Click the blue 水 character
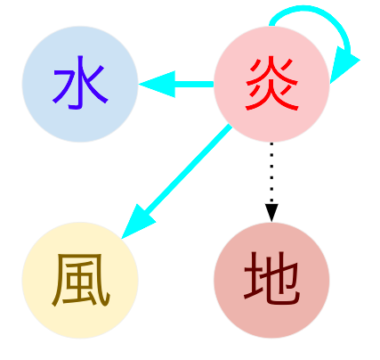click(80, 83)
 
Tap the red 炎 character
click(271, 85)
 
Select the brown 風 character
click(81, 280)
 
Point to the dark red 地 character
click(271, 279)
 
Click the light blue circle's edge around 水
click(22, 85)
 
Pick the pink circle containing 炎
click(271, 85)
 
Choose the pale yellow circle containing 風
click(80, 280)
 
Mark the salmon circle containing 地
click(271, 280)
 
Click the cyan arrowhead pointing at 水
click(158, 85)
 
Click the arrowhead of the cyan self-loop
click(344, 65)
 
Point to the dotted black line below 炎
click(271, 173)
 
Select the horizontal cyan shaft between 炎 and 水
click(194, 85)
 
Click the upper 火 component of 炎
click(271, 70)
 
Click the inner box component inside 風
click(80, 279)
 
